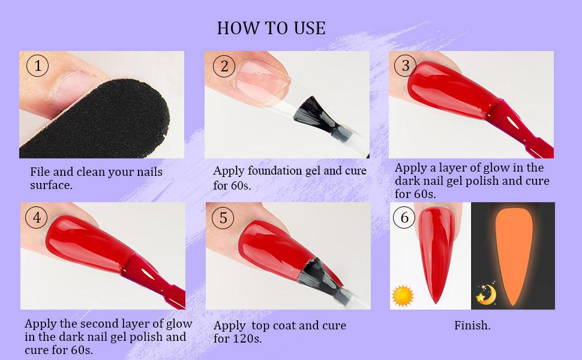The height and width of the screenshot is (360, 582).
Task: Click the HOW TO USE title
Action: coord(271,28)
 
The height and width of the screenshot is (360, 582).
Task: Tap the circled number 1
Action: coord(37,65)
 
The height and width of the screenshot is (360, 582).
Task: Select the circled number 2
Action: coord(224,66)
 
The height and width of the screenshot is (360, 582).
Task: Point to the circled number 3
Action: coord(406,65)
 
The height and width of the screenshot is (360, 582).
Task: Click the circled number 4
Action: coord(37,217)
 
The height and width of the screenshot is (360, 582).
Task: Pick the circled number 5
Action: coord(223,218)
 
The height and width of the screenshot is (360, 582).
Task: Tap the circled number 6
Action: coord(404,217)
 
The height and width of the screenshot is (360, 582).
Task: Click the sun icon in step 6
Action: coord(403,296)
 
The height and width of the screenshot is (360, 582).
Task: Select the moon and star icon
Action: coord(486,295)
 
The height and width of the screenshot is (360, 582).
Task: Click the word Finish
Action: coord(472,325)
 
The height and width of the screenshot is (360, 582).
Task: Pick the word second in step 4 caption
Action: coord(99,323)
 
